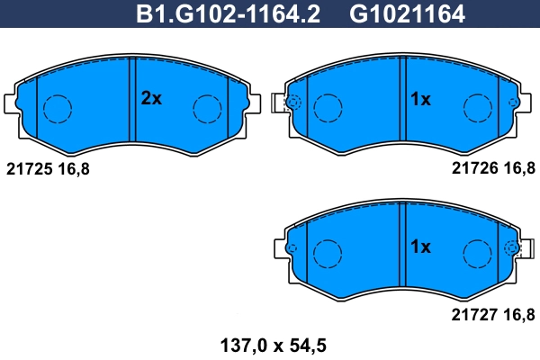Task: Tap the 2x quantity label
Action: click(x=150, y=100)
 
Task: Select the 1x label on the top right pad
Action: click(x=420, y=100)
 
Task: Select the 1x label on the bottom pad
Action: click(x=420, y=246)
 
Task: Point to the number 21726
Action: click(x=472, y=167)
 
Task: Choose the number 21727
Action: click(x=472, y=313)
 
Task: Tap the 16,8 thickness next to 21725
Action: click(x=74, y=167)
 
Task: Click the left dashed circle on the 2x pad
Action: click(x=58, y=110)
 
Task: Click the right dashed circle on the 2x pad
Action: click(x=208, y=110)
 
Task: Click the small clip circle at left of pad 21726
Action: click(x=293, y=103)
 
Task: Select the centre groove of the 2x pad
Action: click(x=131, y=99)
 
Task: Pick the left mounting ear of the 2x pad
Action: click(x=13, y=102)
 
